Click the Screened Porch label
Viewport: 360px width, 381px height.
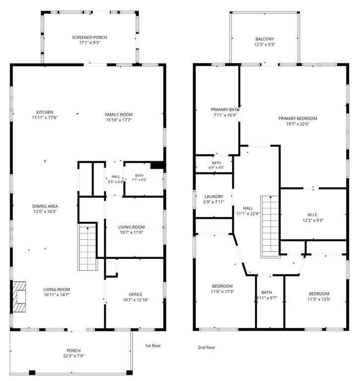coord(89,37)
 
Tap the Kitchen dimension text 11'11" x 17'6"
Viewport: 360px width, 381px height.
coord(45,118)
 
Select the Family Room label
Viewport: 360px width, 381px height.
coord(119,115)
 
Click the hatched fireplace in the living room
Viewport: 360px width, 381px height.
coord(19,297)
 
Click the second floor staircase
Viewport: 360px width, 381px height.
coord(270,226)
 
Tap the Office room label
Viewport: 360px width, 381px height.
coord(136,295)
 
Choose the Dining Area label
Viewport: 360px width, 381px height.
coord(45,206)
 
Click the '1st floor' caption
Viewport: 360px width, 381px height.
coord(153,345)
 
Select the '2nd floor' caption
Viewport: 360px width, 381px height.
coord(207,347)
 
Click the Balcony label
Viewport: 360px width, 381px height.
coord(265,39)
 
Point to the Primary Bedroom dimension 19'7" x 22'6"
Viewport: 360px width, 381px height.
coord(298,124)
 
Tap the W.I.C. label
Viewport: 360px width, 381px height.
coord(313,215)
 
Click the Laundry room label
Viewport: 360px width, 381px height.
coord(214,196)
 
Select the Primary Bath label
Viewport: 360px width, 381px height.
coord(225,110)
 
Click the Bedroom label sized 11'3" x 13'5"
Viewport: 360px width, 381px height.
coord(319,294)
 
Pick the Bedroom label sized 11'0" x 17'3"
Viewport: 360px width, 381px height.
coord(222,286)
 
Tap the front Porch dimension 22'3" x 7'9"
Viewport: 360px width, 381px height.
coord(73,356)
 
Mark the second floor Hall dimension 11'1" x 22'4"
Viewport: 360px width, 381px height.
coord(248,214)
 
